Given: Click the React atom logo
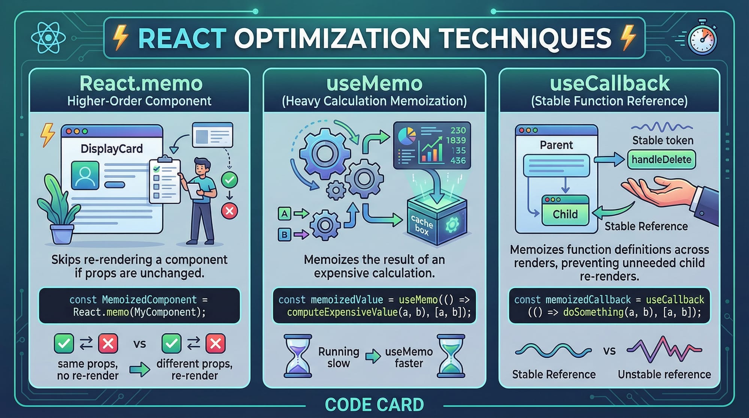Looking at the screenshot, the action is [48, 38].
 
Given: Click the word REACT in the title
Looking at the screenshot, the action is [182, 38].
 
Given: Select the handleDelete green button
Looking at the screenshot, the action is [661, 160].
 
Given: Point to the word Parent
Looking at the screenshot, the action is [556, 145].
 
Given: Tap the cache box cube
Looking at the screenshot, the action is [437, 221].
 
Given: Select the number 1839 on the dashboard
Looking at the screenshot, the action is [456, 140].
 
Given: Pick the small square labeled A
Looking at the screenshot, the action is [285, 214].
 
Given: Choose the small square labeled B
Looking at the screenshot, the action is [285, 235].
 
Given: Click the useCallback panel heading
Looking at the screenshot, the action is [609, 83].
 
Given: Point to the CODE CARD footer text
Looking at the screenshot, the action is [374, 405].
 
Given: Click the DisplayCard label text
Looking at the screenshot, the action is [112, 149].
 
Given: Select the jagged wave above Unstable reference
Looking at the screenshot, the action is [664, 349].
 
